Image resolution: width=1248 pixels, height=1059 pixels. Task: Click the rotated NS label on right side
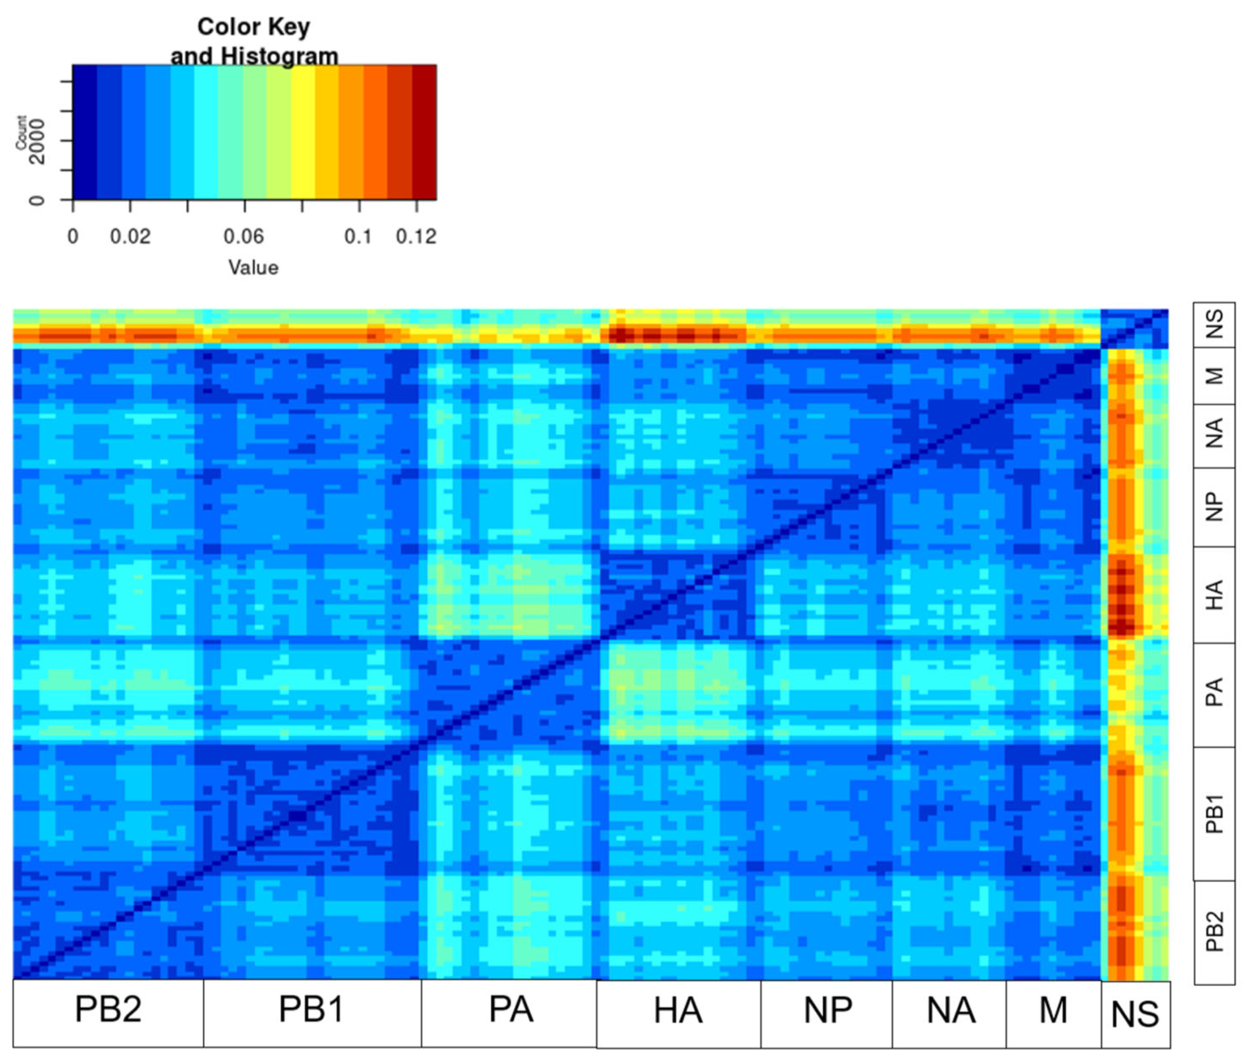[1214, 325]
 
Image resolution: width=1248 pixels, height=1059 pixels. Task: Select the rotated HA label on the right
[1214, 594]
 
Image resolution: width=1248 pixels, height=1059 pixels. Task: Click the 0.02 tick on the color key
[130, 236]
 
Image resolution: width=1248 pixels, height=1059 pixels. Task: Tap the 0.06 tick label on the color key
[243, 236]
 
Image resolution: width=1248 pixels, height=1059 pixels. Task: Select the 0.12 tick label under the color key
[416, 236]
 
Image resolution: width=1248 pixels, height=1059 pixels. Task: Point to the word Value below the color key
[253, 267]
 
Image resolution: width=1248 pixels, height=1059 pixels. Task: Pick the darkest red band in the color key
[424, 132]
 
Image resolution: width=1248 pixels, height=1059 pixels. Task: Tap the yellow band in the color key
[303, 132]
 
